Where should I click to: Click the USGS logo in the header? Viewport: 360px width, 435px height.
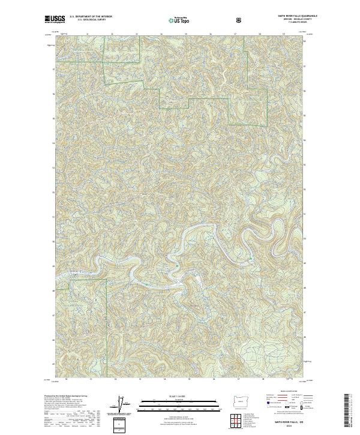55,20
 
